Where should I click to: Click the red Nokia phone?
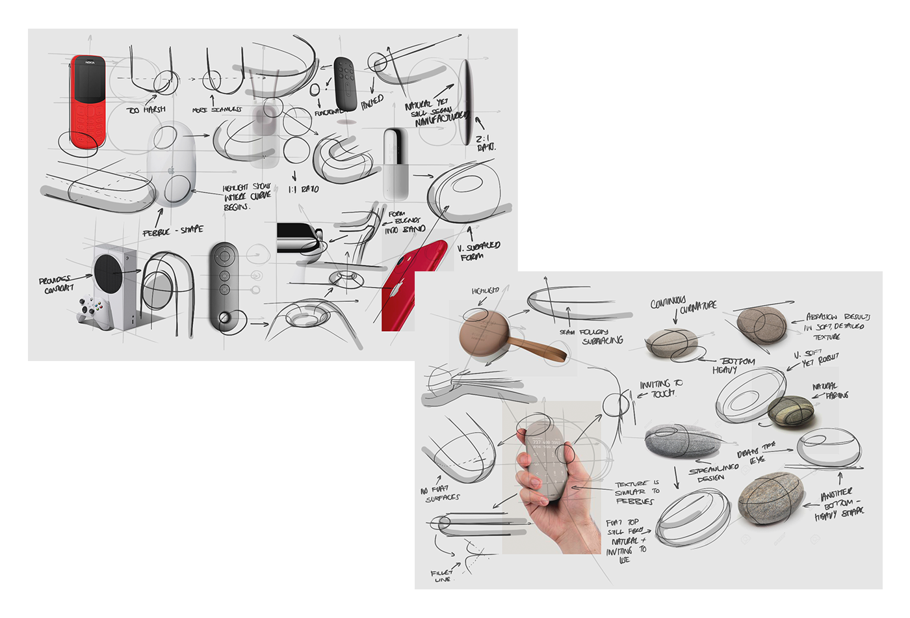pyautogui.click(x=88, y=101)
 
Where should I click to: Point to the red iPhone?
pyautogui.click(x=413, y=286)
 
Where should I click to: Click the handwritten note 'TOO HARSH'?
pyautogui.click(x=146, y=109)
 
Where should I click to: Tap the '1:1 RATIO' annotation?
pyautogui.click(x=304, y=189)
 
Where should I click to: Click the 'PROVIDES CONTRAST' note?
pyautogui.click(x=57, y=284)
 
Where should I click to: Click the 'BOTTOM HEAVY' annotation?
pyautogui.click(x=733, y=365)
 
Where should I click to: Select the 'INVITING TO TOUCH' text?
pyautogui.click(x=660, y=389)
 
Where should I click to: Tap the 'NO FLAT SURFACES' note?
pyautogui.click(x=440, y=494)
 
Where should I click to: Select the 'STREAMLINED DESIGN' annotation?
pyautogui.click(x=713, y=472)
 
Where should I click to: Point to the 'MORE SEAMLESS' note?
pyautogui.click(x=217, y=109)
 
